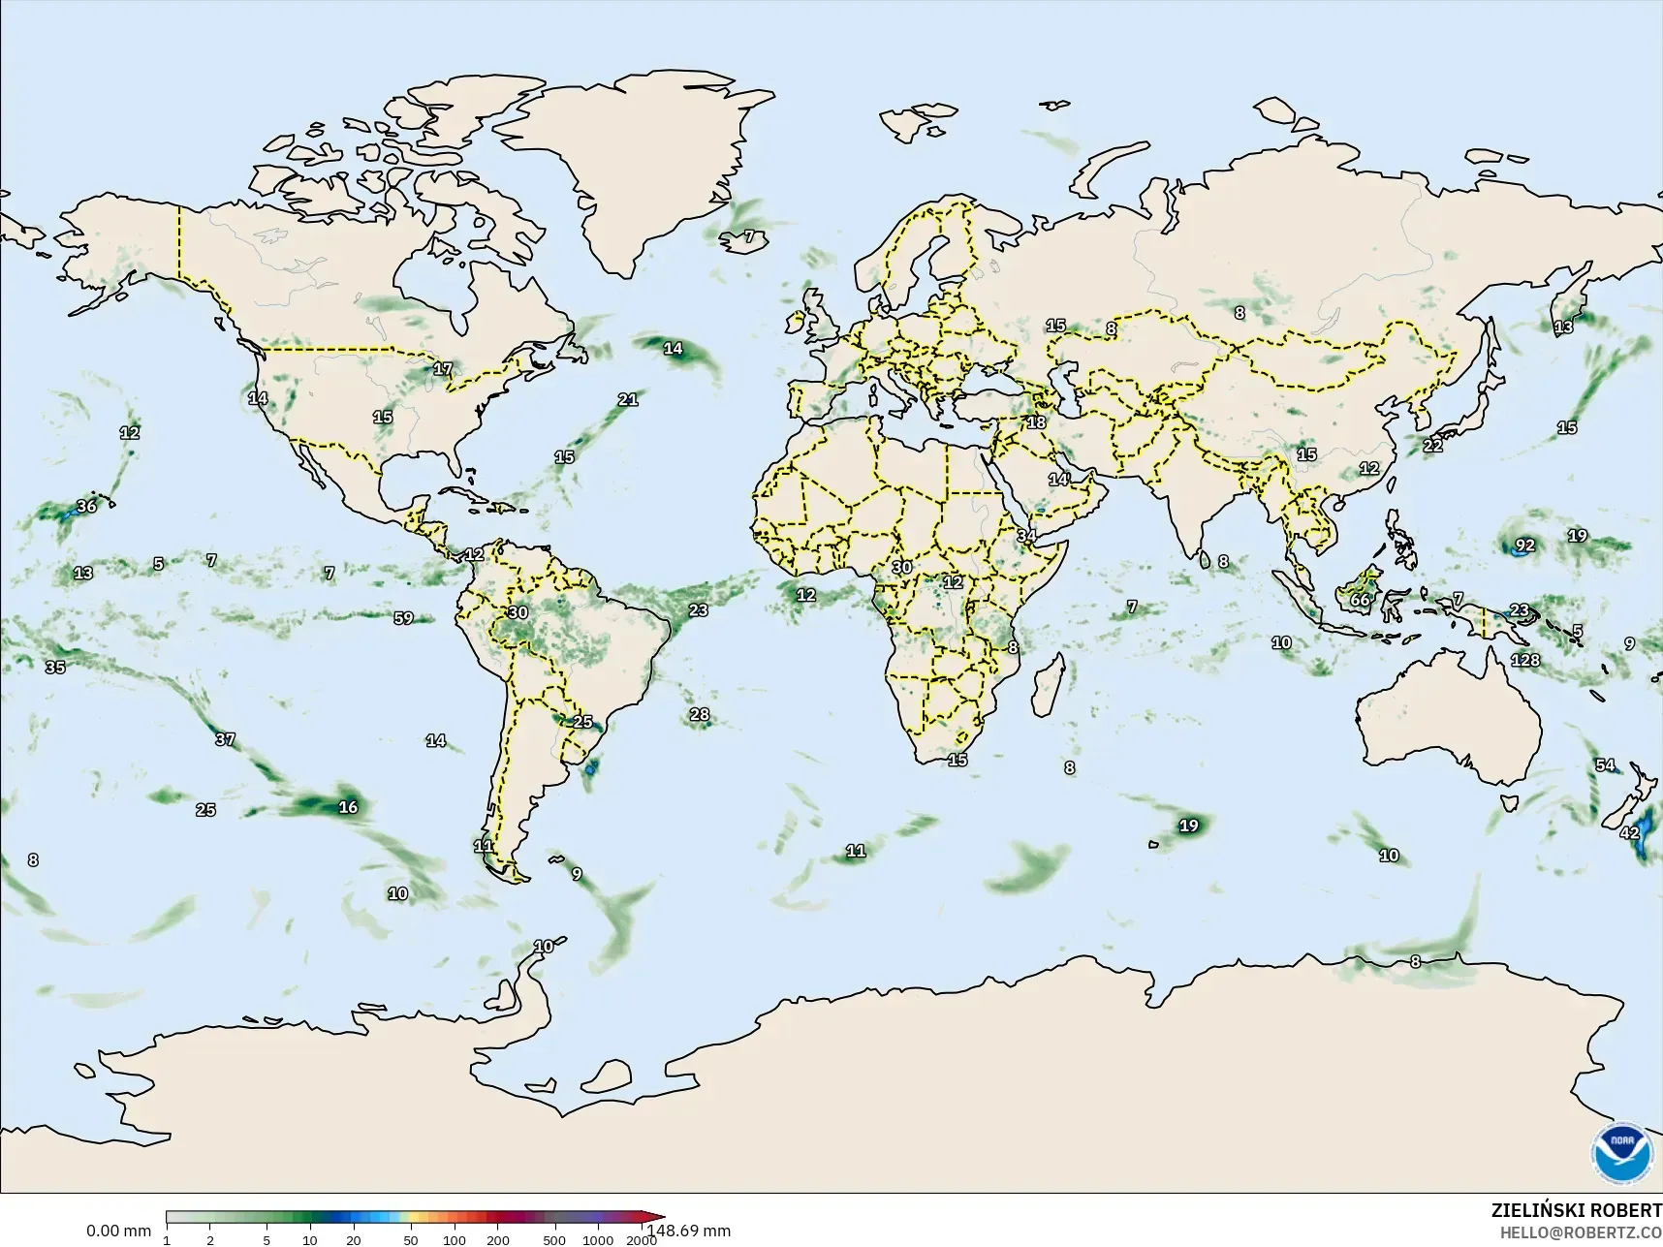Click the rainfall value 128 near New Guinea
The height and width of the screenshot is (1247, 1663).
[1525, 660]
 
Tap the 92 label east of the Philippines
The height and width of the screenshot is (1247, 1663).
[1525, 546]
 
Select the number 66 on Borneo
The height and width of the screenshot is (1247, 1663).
[1361, 600]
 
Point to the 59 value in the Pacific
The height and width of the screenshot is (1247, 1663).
[403, 618]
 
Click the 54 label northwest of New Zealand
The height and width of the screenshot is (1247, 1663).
[1606, 765]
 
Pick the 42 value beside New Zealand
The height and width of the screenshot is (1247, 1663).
[1630, 833]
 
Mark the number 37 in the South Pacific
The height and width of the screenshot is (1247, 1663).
[225, 739]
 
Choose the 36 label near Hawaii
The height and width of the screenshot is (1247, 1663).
[86, 507]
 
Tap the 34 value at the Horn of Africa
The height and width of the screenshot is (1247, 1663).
[1026, 536]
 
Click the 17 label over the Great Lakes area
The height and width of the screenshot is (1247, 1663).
[443, 369]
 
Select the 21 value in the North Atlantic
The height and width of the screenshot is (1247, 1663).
[628, 399]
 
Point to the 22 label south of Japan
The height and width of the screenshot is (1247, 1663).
[1432, 446]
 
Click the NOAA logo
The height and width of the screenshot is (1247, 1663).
[1621, 1151]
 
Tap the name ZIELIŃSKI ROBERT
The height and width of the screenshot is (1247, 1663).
[1576, 1211]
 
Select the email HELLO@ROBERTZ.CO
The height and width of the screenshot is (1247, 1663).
[1581, 1233]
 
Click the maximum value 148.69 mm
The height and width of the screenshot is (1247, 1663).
[689, 1231]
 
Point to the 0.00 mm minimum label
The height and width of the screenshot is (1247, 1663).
[118, 1231]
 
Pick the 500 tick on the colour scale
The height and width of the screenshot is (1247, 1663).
[554, 1240]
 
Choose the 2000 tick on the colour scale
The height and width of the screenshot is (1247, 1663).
[641, 1240]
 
